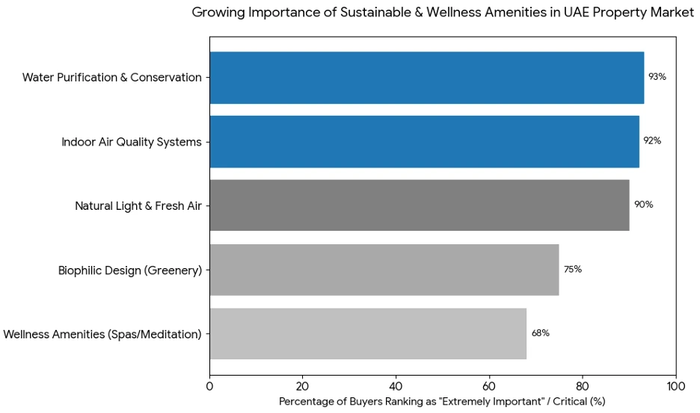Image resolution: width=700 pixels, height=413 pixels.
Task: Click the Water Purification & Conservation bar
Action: (426, 78)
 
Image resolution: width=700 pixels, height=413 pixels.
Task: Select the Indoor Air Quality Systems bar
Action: (424, 142)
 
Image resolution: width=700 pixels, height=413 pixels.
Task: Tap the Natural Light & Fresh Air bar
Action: (419, 205)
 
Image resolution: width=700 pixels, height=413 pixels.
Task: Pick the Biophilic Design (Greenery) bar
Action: (384, 270)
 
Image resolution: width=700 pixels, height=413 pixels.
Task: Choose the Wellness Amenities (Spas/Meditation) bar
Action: (367, 334)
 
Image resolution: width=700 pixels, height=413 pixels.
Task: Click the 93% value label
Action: (657, 77)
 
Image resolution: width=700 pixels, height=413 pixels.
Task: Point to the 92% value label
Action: (652, 140)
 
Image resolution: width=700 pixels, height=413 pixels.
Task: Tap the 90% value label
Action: (643, 205)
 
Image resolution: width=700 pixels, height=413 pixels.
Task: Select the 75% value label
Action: (573, 269)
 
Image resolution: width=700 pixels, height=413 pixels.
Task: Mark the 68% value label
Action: (540, 333)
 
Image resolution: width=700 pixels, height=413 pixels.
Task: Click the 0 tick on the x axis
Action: (209, 386)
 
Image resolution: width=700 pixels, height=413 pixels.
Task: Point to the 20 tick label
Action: (303, 386)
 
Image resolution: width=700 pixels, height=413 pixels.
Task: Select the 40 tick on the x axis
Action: (396, 386)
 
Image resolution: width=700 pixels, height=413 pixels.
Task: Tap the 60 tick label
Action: (489, 386)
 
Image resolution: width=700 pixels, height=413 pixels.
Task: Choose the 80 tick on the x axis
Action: (583, 386)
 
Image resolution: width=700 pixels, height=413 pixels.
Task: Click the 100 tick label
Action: (676, 386)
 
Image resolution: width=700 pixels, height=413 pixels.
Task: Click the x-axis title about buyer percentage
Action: (442, 402)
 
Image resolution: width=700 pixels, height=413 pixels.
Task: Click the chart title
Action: (443, 12)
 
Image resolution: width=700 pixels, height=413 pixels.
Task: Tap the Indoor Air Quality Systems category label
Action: (132, 142)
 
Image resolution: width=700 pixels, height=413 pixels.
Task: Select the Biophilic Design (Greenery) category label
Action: (130, 270)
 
